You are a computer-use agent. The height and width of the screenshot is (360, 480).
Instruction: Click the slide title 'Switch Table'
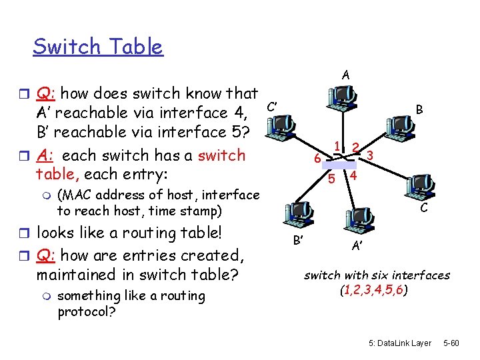click(x=97, y=47)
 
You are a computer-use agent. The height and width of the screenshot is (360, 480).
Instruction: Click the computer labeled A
click(x=341, y=100)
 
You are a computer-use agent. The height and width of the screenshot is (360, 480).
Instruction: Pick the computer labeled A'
click(x=358, y=221)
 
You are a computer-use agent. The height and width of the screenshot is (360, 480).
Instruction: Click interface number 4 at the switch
click(x=355, y=176)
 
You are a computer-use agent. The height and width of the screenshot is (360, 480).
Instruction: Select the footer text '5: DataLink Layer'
click(x=399, y=343)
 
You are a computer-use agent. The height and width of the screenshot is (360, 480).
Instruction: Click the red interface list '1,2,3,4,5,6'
click(x=377, y=291)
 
